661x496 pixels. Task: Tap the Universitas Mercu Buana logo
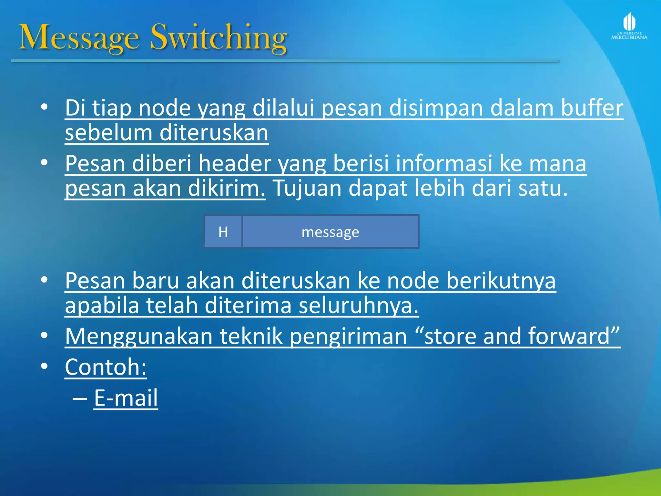click(x=629, y=26)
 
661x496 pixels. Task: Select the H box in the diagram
click(x=223, y=232)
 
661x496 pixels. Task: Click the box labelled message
click(x=330, y=232)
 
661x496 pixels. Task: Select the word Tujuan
click(x=307, y=188)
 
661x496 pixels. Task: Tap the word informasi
click(x=444, y=163)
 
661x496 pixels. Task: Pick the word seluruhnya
click(x=358, y=305)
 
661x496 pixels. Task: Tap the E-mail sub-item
click(x=126, y=398)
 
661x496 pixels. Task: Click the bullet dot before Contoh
click(x=45, y=366)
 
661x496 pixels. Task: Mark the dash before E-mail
click(x=80, y=398)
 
